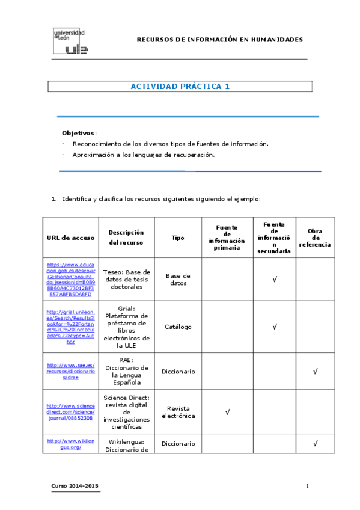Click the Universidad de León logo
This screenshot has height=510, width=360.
[x=70, y=41]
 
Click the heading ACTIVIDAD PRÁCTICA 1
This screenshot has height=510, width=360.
[x=180, y=87]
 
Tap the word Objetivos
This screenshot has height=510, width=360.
[x=79, y=133]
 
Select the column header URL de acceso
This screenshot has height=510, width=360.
[x=70, y=238]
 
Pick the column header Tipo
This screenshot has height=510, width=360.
[x=178, y=238]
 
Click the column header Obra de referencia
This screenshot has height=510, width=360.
[x=314, y=238]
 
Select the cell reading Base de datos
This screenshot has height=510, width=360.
[x=178, y=279]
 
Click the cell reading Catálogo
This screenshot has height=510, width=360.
[x=178, y=327]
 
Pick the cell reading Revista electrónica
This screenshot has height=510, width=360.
[x=178, y=413]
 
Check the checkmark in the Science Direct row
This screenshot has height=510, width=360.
[x=227, y=413]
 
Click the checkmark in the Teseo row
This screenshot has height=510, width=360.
[x=275, y=279]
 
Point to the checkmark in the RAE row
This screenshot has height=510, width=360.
[x=315, y=372]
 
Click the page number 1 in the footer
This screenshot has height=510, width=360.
[x=307, y=485]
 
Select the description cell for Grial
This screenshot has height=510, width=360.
[x=126, y=327]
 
